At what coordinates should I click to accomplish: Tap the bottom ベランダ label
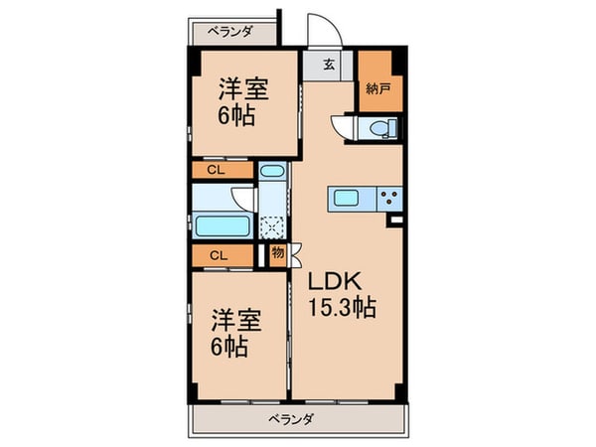click(291, 418)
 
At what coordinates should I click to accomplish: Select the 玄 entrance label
click(328, 68)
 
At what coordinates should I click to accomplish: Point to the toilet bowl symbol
click(381, 128)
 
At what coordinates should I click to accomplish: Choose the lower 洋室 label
click(236, 321)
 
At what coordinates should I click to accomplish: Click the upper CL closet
click(215, 171)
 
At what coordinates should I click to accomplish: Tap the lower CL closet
click(215, 255)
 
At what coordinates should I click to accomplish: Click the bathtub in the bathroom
click(223, 224)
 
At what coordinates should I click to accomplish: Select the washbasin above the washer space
click(272, 178)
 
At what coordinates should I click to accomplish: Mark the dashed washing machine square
click(272, 224)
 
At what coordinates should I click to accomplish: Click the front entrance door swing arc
click(324, 35)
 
